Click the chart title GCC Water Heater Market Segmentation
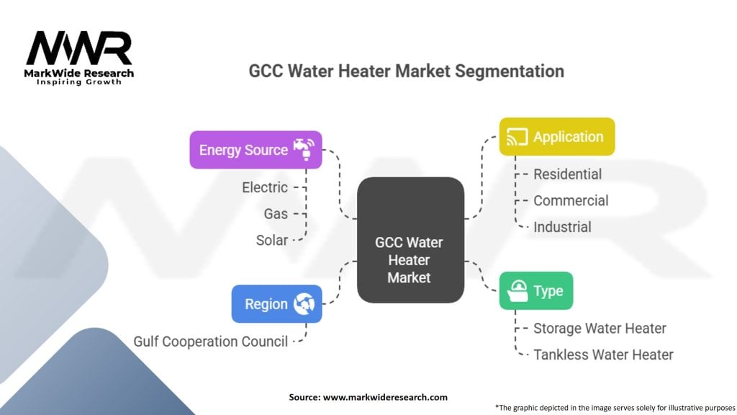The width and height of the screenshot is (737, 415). coord(406,71)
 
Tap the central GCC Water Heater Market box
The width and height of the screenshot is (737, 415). coord(410,240)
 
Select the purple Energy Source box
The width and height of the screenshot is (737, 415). coord(256,150)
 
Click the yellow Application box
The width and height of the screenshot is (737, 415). coord(557,137)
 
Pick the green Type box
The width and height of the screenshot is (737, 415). coord(536,291)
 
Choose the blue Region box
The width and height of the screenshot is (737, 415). coord(276,303)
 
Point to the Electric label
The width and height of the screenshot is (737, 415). coord(265,187)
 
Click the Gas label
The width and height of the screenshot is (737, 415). coord(276,213)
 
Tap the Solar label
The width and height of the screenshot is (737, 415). coord(272,240)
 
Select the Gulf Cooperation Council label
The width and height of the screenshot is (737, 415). coord(211,341)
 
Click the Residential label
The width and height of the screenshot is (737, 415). coord(567,174)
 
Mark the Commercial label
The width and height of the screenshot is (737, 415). coord(571,200)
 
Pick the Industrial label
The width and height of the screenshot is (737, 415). coord(562,227)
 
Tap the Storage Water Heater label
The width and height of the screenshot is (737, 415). coord(600,328)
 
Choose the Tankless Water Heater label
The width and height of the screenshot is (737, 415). coord(603,354)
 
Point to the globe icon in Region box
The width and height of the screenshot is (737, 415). coord(304,303)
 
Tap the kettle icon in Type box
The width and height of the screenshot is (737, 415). coord(516,291)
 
